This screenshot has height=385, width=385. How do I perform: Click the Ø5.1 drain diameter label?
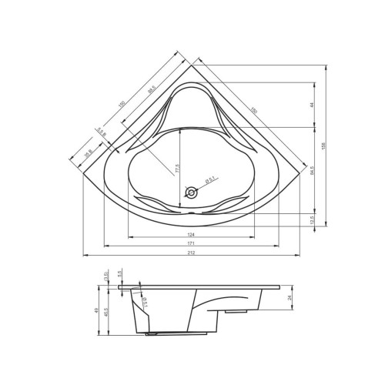(x=209, y=182)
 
